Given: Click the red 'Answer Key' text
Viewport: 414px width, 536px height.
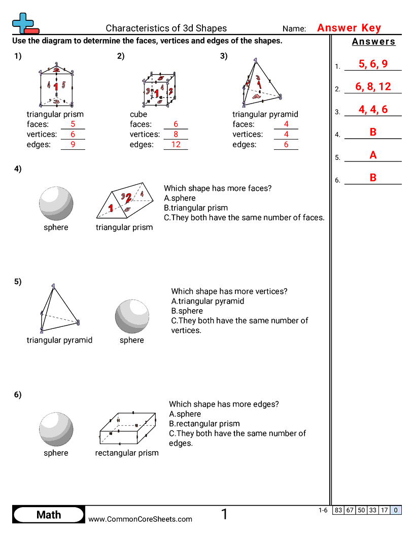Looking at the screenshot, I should point(349,28).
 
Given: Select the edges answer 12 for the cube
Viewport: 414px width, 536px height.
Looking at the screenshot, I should point(176,145).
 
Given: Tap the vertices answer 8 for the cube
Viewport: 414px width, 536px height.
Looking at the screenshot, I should point(176,135).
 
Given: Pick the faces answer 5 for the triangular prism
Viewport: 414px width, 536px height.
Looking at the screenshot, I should point(73,124).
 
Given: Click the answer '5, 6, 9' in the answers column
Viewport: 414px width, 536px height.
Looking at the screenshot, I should point(372,64).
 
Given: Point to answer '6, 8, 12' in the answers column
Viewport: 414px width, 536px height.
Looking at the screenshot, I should point(372,87).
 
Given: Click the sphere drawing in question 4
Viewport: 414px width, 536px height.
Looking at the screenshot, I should point(56,203).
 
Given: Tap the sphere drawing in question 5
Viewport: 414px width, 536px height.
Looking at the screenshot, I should point(132,316).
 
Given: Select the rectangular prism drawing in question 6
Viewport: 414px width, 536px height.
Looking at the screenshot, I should point(127,428).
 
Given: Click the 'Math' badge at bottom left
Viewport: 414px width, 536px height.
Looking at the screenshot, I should point(49,515).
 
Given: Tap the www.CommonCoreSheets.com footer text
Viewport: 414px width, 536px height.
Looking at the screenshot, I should point(141,519).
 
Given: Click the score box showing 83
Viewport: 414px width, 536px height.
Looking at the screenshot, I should point(338,510).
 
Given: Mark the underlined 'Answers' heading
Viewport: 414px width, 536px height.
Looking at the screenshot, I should point(373,42).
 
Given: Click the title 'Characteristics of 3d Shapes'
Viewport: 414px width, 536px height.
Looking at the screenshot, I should point(166,28).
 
